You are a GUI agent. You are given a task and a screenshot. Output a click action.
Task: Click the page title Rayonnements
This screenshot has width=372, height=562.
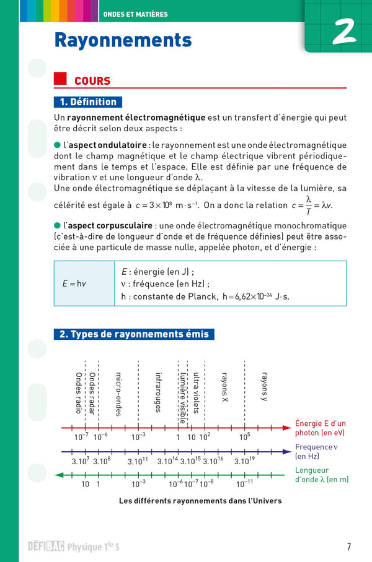coord(123,40)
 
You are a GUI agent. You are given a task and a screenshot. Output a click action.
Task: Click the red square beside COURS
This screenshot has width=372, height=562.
coord(60,79)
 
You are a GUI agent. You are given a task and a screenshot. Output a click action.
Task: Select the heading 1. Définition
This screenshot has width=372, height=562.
coord(88,102)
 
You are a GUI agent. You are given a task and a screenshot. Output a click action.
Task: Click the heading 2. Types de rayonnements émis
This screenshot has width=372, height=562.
coord(135,334)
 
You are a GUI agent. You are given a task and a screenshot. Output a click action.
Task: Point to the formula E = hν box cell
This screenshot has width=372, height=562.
coord(74,283)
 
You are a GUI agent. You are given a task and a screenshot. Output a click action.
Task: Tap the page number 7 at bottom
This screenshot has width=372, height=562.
coord(349,547)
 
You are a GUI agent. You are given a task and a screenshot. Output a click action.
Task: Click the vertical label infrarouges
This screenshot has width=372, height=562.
coord(158,391)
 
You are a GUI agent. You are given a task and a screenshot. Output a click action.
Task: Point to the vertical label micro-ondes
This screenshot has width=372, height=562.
coord(118,394)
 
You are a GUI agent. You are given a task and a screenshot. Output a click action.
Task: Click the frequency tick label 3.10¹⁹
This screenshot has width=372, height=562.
coord(245,460)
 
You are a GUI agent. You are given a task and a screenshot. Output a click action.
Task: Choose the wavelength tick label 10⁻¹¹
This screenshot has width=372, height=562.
coord(245,484)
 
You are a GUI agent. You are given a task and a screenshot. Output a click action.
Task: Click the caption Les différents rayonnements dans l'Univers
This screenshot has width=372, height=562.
coord(200,501)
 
